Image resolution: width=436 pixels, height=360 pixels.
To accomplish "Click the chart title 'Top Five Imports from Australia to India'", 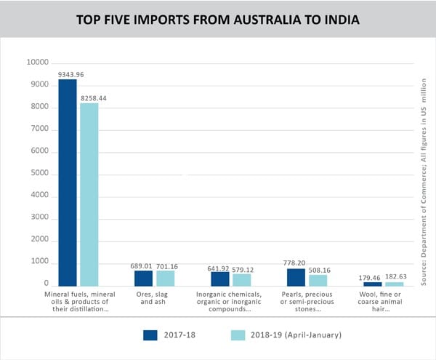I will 218,18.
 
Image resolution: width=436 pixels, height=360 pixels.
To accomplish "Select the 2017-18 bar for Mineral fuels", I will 68,182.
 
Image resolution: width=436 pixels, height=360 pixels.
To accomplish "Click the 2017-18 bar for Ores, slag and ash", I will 143,278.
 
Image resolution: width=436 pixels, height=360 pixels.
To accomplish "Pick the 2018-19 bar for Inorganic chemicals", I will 241,279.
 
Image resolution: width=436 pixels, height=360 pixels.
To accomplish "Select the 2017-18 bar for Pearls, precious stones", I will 296,277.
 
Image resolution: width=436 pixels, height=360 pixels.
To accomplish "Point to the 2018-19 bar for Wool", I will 394,284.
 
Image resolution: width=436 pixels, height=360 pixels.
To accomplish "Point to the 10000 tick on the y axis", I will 38,63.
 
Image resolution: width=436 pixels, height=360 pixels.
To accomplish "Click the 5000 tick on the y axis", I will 40,174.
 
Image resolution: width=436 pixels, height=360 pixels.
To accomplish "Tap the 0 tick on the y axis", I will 46,284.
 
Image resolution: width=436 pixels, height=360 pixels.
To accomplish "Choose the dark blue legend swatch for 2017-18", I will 150,335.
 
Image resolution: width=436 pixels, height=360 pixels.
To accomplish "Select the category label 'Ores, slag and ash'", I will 155,298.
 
